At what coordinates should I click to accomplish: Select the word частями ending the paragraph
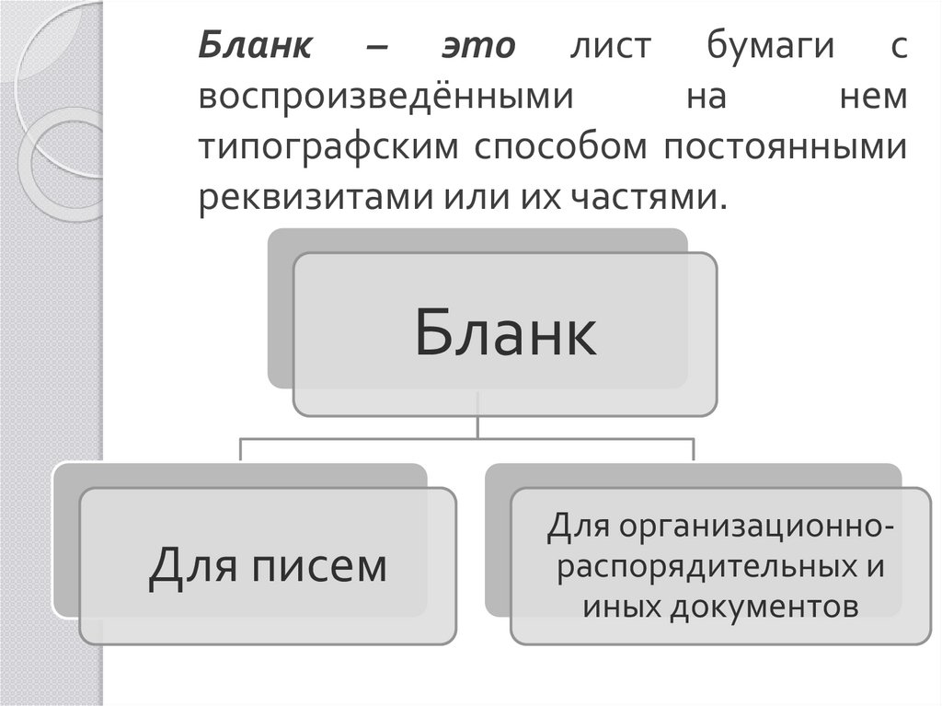point(649,197)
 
